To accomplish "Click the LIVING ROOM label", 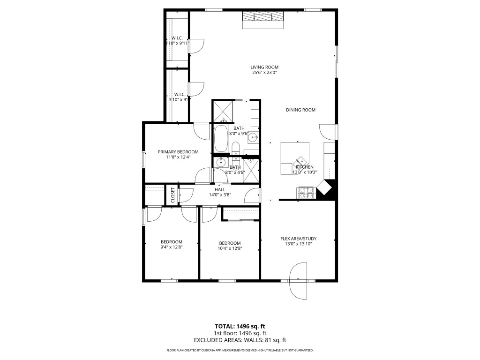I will (264, 67).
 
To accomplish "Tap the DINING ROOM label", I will (300, 110).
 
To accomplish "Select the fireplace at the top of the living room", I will (263, 17).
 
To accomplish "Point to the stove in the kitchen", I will (305, 192).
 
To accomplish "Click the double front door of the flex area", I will (299, 281).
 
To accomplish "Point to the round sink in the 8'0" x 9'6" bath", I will (253, 137).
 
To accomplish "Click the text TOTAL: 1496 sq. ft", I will (240, 326).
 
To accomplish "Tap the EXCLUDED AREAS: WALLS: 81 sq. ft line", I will (240, 340).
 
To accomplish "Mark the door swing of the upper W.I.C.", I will (197, 45).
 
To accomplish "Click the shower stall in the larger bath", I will (222, 111).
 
